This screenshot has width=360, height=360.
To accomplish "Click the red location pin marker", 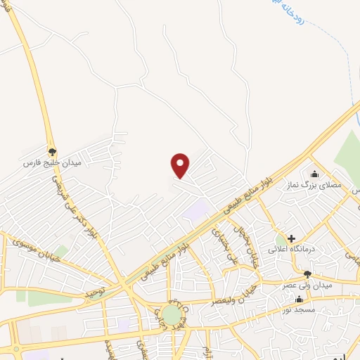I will coord(181,165).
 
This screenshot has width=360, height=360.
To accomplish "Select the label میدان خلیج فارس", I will coord(53,163).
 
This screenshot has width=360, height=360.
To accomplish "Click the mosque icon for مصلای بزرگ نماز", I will coord(314,174).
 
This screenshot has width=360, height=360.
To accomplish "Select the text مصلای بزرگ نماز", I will coord(321,186).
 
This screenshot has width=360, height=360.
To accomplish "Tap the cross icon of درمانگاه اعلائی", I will coord(291,238).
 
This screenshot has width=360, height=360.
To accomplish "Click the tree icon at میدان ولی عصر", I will coord(307,274).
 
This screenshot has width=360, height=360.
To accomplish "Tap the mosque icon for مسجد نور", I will coord(300,299).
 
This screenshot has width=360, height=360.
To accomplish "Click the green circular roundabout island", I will coord(171,314).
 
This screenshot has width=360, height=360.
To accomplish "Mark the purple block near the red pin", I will coord(198,208).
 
